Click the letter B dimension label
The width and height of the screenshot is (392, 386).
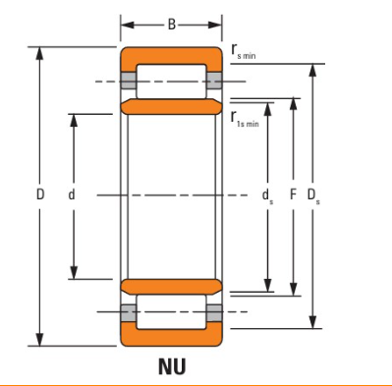click(x=172, y=25)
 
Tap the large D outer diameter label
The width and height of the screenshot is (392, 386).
click(x=40, y=194)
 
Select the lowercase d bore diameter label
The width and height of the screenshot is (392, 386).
click(x=72, y=194)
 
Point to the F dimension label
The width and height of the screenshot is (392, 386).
click(x=293, y=194)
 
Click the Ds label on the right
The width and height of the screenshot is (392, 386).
click(x=313, y=195)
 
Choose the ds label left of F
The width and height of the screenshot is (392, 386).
click(x=267, y=195)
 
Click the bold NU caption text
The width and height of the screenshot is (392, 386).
click(x=172, y=366)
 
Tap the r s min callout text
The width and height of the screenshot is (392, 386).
click(x=243, y=52)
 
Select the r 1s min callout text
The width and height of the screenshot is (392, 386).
click(x=245, y=119)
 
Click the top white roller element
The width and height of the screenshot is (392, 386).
click(x=171, y=82)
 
